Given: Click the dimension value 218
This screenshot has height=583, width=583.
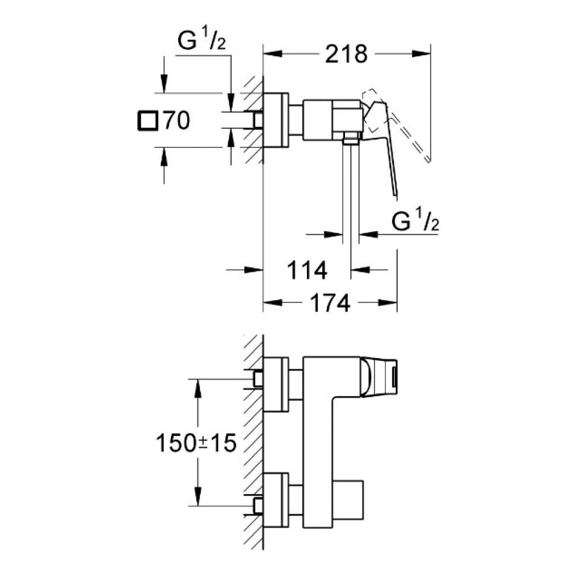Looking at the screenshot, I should [345, 55].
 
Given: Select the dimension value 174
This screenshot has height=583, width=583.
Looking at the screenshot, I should [330, 304].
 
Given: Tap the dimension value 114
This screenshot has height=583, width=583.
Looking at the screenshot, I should [307, 270].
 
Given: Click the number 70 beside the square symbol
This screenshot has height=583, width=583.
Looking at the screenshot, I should [176, 121].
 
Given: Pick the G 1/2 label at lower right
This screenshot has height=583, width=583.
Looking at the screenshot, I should [415, 221].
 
